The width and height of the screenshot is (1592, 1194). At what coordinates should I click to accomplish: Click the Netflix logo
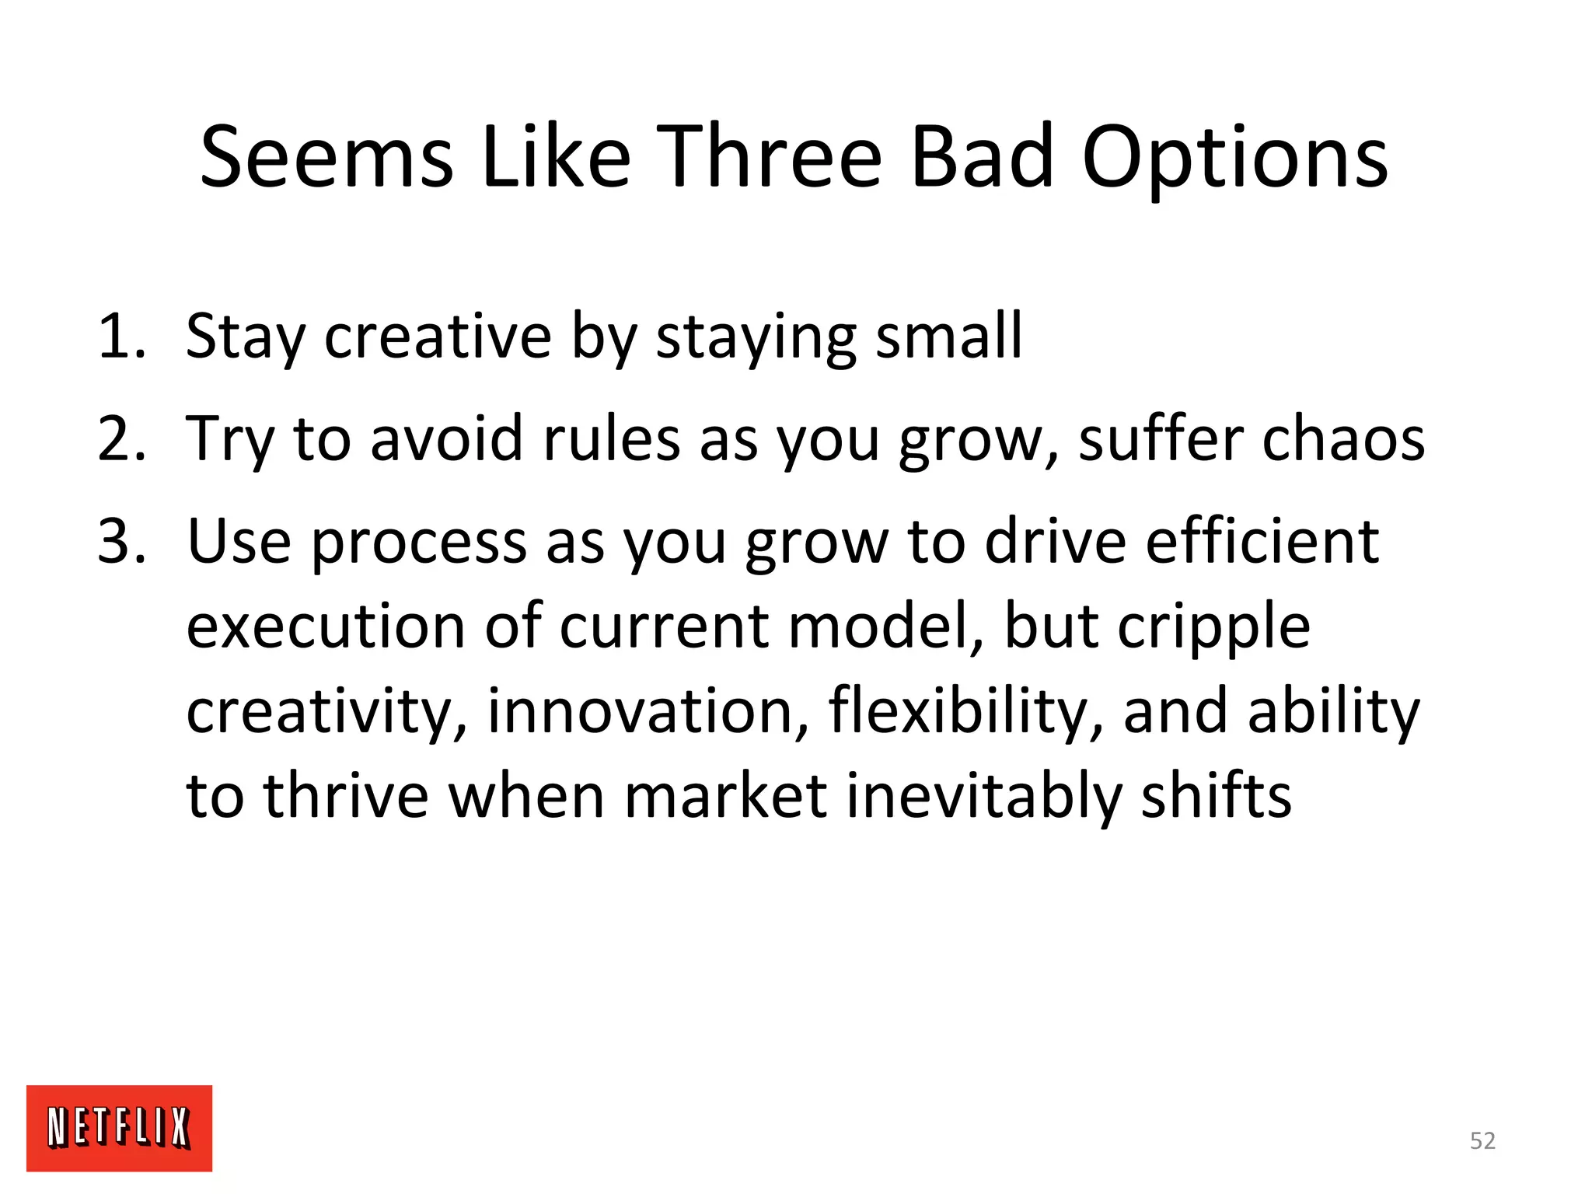click(x=119, y=1128)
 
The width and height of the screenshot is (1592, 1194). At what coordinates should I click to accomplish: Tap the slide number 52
click(x=1482, y=1140)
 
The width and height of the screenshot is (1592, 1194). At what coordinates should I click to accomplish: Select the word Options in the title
click(x=1234, y=159)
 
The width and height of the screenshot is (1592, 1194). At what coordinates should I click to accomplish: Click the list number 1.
click(x=121, y=337)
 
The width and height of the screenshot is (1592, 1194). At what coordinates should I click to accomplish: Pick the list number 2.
click(x=121, y=439)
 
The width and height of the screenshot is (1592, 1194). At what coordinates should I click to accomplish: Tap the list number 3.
click(x=121, y=542)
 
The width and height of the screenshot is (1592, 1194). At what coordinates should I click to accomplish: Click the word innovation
click(x=648, y=711)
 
